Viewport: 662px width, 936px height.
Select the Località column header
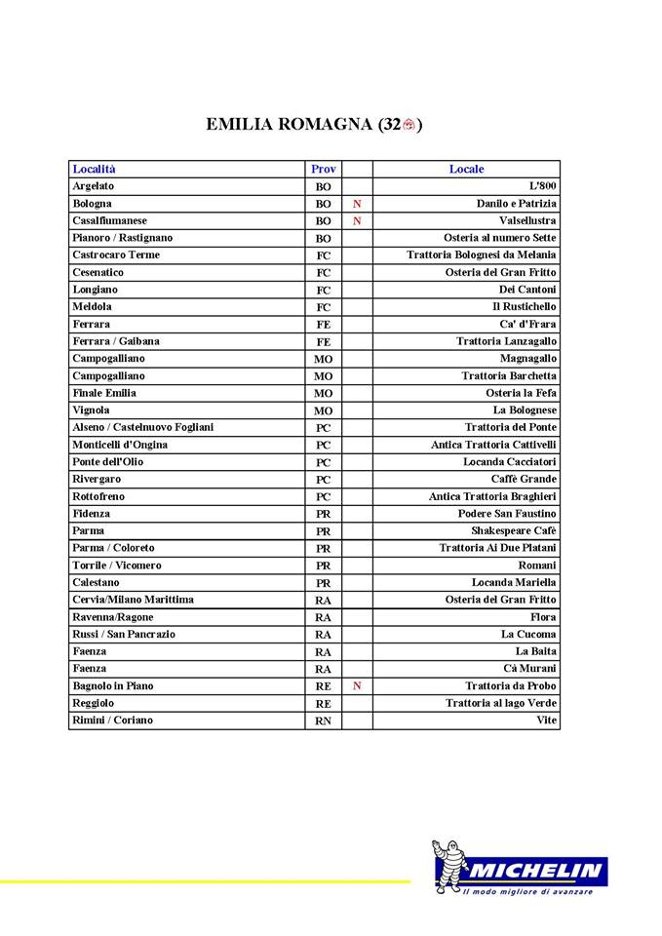(x=94, y=169)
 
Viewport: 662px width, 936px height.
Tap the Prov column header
(x=323, y=169)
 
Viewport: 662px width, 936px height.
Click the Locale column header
(x=466, y=169)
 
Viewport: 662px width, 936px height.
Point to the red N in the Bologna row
(x=357, y=204)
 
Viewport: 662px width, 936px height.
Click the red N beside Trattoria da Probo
(x=357, y=685)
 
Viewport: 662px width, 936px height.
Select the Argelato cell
(x=93, y=186)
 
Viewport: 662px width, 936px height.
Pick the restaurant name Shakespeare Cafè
(x=514, y=531)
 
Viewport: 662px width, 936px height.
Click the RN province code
(x=323, y=721)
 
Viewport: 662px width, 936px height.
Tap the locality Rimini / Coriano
(x=112, y=721)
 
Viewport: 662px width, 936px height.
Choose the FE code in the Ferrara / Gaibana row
(x=323, y=342)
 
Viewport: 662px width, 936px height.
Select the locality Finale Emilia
(x=104, y=393)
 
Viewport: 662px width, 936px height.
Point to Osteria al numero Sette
(x=500, y=238)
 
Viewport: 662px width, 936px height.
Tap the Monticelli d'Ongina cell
(x=120, y=445)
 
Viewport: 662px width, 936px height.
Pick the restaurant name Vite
(x=547, y=721)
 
